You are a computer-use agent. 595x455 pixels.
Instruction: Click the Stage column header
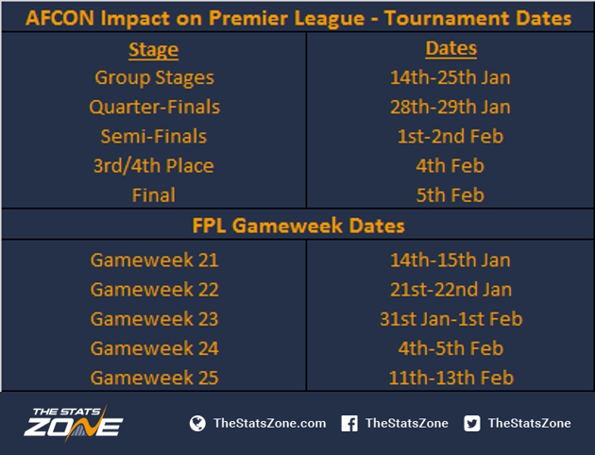pyautogui.click(x=154, y=50)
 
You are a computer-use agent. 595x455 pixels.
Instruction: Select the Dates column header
pyautogui.click(x=450, y=48)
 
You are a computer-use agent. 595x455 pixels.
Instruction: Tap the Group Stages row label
pyautogui.click(x=155, y=78)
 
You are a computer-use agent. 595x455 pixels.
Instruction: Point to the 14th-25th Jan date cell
pyautogui.click(x=450, y=77)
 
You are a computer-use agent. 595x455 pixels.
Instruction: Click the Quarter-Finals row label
pyautogui.click(x=155, y=108)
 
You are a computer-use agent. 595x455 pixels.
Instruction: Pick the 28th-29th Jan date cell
pyautogui.click(x=450, y=107)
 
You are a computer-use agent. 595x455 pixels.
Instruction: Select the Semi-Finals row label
pyautogui.click(x=154, y=137)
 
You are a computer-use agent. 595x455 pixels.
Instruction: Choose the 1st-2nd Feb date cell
pyautogui.click(x=450, y=137)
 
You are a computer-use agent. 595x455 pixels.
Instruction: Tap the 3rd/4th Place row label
pyautogui.click(x=154, y=166)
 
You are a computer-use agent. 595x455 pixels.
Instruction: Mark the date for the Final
pyautogui.click(x=450, y=195)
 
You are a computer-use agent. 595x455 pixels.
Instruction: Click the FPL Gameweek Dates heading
pyautogui.click(x=298, y=226)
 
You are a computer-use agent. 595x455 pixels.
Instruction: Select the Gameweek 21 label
pyautogui.click(x=155, y=261)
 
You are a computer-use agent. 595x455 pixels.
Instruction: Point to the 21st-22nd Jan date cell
pyautogui.click(x=450, y=290)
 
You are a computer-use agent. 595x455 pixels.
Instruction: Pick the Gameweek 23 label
pyautogui.click(x=155, y=319)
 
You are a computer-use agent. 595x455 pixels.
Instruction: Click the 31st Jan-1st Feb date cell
pyautogui.click(x=451, y=319)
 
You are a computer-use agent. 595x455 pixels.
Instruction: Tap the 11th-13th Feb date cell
pyautogui.click(x=451, y=378)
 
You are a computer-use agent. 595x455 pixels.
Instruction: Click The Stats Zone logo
pyautogui.click(x=74, y=423)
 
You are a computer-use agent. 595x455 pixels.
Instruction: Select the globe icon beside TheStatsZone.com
pyautogui.click(x=197, y=423)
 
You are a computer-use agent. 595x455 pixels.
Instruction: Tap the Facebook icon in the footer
pyautogui.click(x=349, y=423)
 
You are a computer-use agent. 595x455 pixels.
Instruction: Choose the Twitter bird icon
pyautogui.click(x=471, y=423)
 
